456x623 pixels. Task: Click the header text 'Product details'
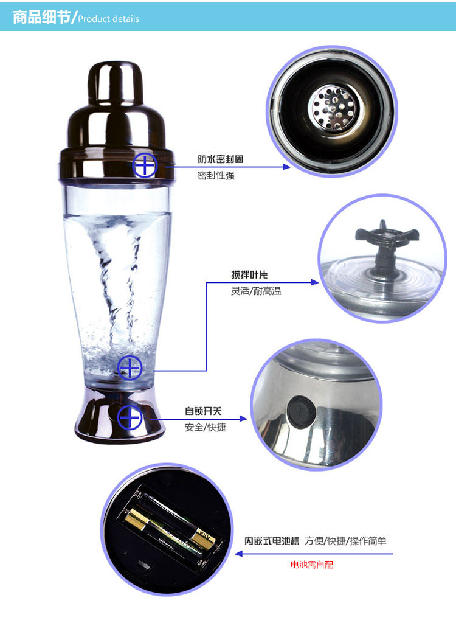click(x=108, y=19)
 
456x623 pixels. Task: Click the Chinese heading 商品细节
click(x=42, y=17)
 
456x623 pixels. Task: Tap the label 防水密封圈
click(x=221, y=159)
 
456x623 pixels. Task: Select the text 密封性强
click(x=216, y=175)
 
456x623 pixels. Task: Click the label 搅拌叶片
click(x=249, y=274)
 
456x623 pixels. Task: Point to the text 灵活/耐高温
click(x=256, y=291)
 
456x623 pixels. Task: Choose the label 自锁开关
click(x=203, y=411)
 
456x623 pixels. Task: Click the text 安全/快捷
click(x=205, y=427)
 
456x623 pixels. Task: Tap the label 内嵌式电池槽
click(x=272, y=541)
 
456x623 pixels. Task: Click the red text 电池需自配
click(x=312, y=564)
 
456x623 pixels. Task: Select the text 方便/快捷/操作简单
click(x=345, y=541)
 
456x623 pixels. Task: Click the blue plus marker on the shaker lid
click(x=145, y=165)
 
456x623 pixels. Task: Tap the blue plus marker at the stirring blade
click(x=130, y=367)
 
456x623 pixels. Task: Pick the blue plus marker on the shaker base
click(x=130, y=417)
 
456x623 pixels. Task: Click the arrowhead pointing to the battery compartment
click(x=239, y=554)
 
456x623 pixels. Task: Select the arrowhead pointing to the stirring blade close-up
click(x=314, y=282)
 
